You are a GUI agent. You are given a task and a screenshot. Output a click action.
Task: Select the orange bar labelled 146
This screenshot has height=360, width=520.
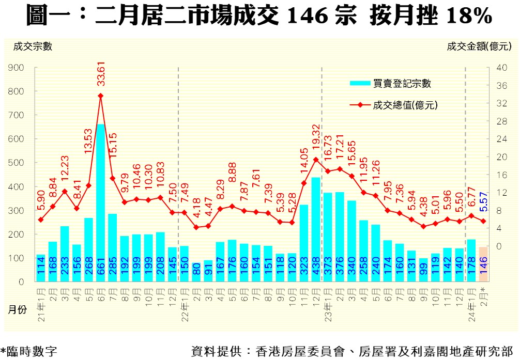[x=483, y=264]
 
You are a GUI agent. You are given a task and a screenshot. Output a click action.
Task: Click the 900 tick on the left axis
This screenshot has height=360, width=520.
[x=18, y=68]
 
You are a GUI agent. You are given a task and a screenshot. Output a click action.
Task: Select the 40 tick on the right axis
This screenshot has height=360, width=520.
[x=499, y=68]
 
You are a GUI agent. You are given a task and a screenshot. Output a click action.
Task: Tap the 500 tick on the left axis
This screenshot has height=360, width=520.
[x=18, y=163]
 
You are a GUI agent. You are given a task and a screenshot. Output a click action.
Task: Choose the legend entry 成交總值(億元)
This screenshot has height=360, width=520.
[x=405, y=105]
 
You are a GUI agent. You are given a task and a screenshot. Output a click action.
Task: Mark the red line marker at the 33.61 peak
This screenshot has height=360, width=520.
[x=101, y=96]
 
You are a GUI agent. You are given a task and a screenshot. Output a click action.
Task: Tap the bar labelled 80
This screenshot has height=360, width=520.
[x=196, y=272]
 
